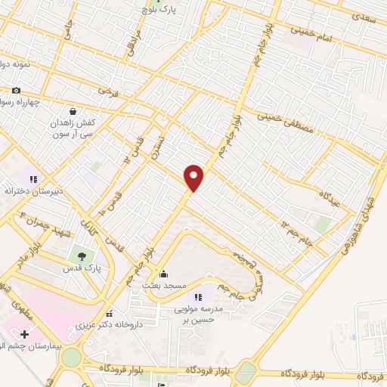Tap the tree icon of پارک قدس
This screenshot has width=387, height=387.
pyautogui.click(x=81, y=255)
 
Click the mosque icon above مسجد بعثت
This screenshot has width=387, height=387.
pyautogui.click(x=164, y=273)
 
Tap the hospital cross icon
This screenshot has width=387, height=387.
pyautogui.click(x=25, y=333)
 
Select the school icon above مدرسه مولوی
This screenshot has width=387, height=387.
pyautogui.click(x=199, y=297)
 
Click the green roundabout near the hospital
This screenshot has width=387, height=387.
pyautogui.click(x=71, y=358)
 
